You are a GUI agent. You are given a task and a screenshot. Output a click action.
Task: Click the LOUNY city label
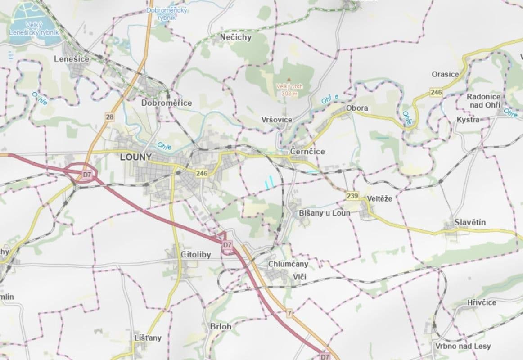tap(136, 157)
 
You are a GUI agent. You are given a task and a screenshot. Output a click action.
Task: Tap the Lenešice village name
tap(72, 58)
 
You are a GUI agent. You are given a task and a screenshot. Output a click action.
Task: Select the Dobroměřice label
tap(167, 103)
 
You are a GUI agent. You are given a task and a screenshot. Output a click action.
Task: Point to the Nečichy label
tap(236, 37)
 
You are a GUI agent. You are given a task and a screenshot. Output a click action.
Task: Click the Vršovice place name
tap(277, 120)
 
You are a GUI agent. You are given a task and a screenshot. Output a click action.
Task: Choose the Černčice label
tap(307, 152)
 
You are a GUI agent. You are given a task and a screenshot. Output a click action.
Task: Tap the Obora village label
tap(357, 108)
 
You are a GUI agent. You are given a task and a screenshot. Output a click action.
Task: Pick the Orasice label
tap(445, 74)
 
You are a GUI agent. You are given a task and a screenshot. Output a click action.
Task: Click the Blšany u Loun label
tap(325, 213)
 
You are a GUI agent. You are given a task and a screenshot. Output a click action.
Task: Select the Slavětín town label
tap(470, 222)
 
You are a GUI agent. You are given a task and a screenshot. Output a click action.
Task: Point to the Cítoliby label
tap(196, 255)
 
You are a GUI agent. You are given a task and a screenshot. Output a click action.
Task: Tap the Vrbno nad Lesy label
tap(463, 346)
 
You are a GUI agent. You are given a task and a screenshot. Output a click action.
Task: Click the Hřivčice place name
tap(482, 302)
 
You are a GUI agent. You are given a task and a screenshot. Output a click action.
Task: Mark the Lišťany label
tap(148, 337)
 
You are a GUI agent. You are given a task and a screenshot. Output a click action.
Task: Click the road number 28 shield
tap(110, 117)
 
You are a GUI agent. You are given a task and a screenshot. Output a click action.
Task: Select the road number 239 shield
tap(353, 196)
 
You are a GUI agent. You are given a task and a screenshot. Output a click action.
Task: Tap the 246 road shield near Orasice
tap(436, 92)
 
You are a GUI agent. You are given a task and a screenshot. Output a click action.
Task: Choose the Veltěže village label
tap(380, 198)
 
